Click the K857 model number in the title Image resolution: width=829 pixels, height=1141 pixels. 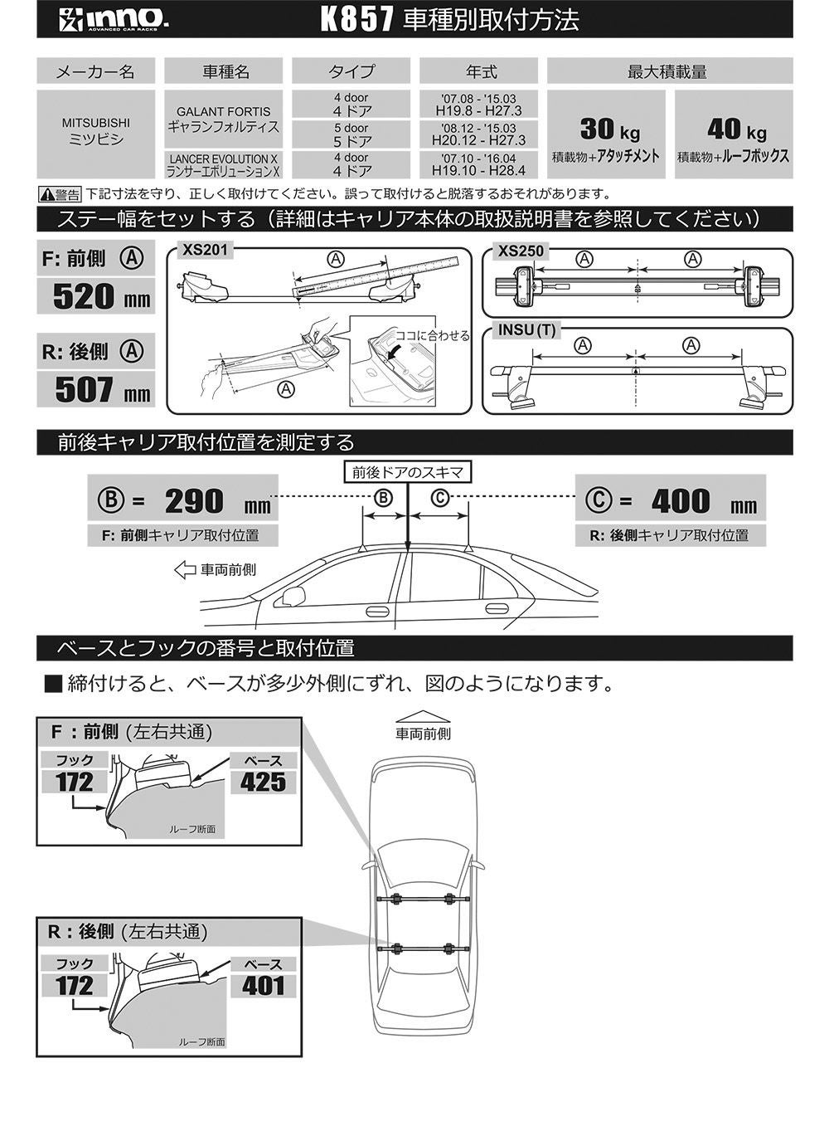(x=356, y=21)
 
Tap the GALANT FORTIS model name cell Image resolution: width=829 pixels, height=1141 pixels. (x=223, y=119)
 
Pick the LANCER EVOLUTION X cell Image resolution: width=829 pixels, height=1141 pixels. (x=223, y=164)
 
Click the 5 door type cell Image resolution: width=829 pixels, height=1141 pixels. (x=351, y=134)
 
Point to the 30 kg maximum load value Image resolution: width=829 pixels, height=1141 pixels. (x=608, y=129)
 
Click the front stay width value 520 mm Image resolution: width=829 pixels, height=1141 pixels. (x=95, y=296)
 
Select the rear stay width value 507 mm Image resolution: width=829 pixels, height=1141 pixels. (x=95, y=389)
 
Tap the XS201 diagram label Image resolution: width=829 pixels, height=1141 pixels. (x=202, y=249)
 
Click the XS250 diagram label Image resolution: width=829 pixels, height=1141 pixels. (x=521, y=251)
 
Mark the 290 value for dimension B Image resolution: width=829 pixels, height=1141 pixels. (x=195, y=501)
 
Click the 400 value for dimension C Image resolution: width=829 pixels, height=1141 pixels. (x=681, y=501)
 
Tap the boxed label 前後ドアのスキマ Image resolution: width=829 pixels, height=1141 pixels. (x=408, y=472)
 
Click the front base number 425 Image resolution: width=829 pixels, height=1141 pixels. (x=264, y=782)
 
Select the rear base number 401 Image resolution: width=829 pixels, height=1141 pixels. (x=264, y=986)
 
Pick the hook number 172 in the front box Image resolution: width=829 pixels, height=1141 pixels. (x=75, y=782)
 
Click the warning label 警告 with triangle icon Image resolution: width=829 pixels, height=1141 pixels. (x=60, y=195)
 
